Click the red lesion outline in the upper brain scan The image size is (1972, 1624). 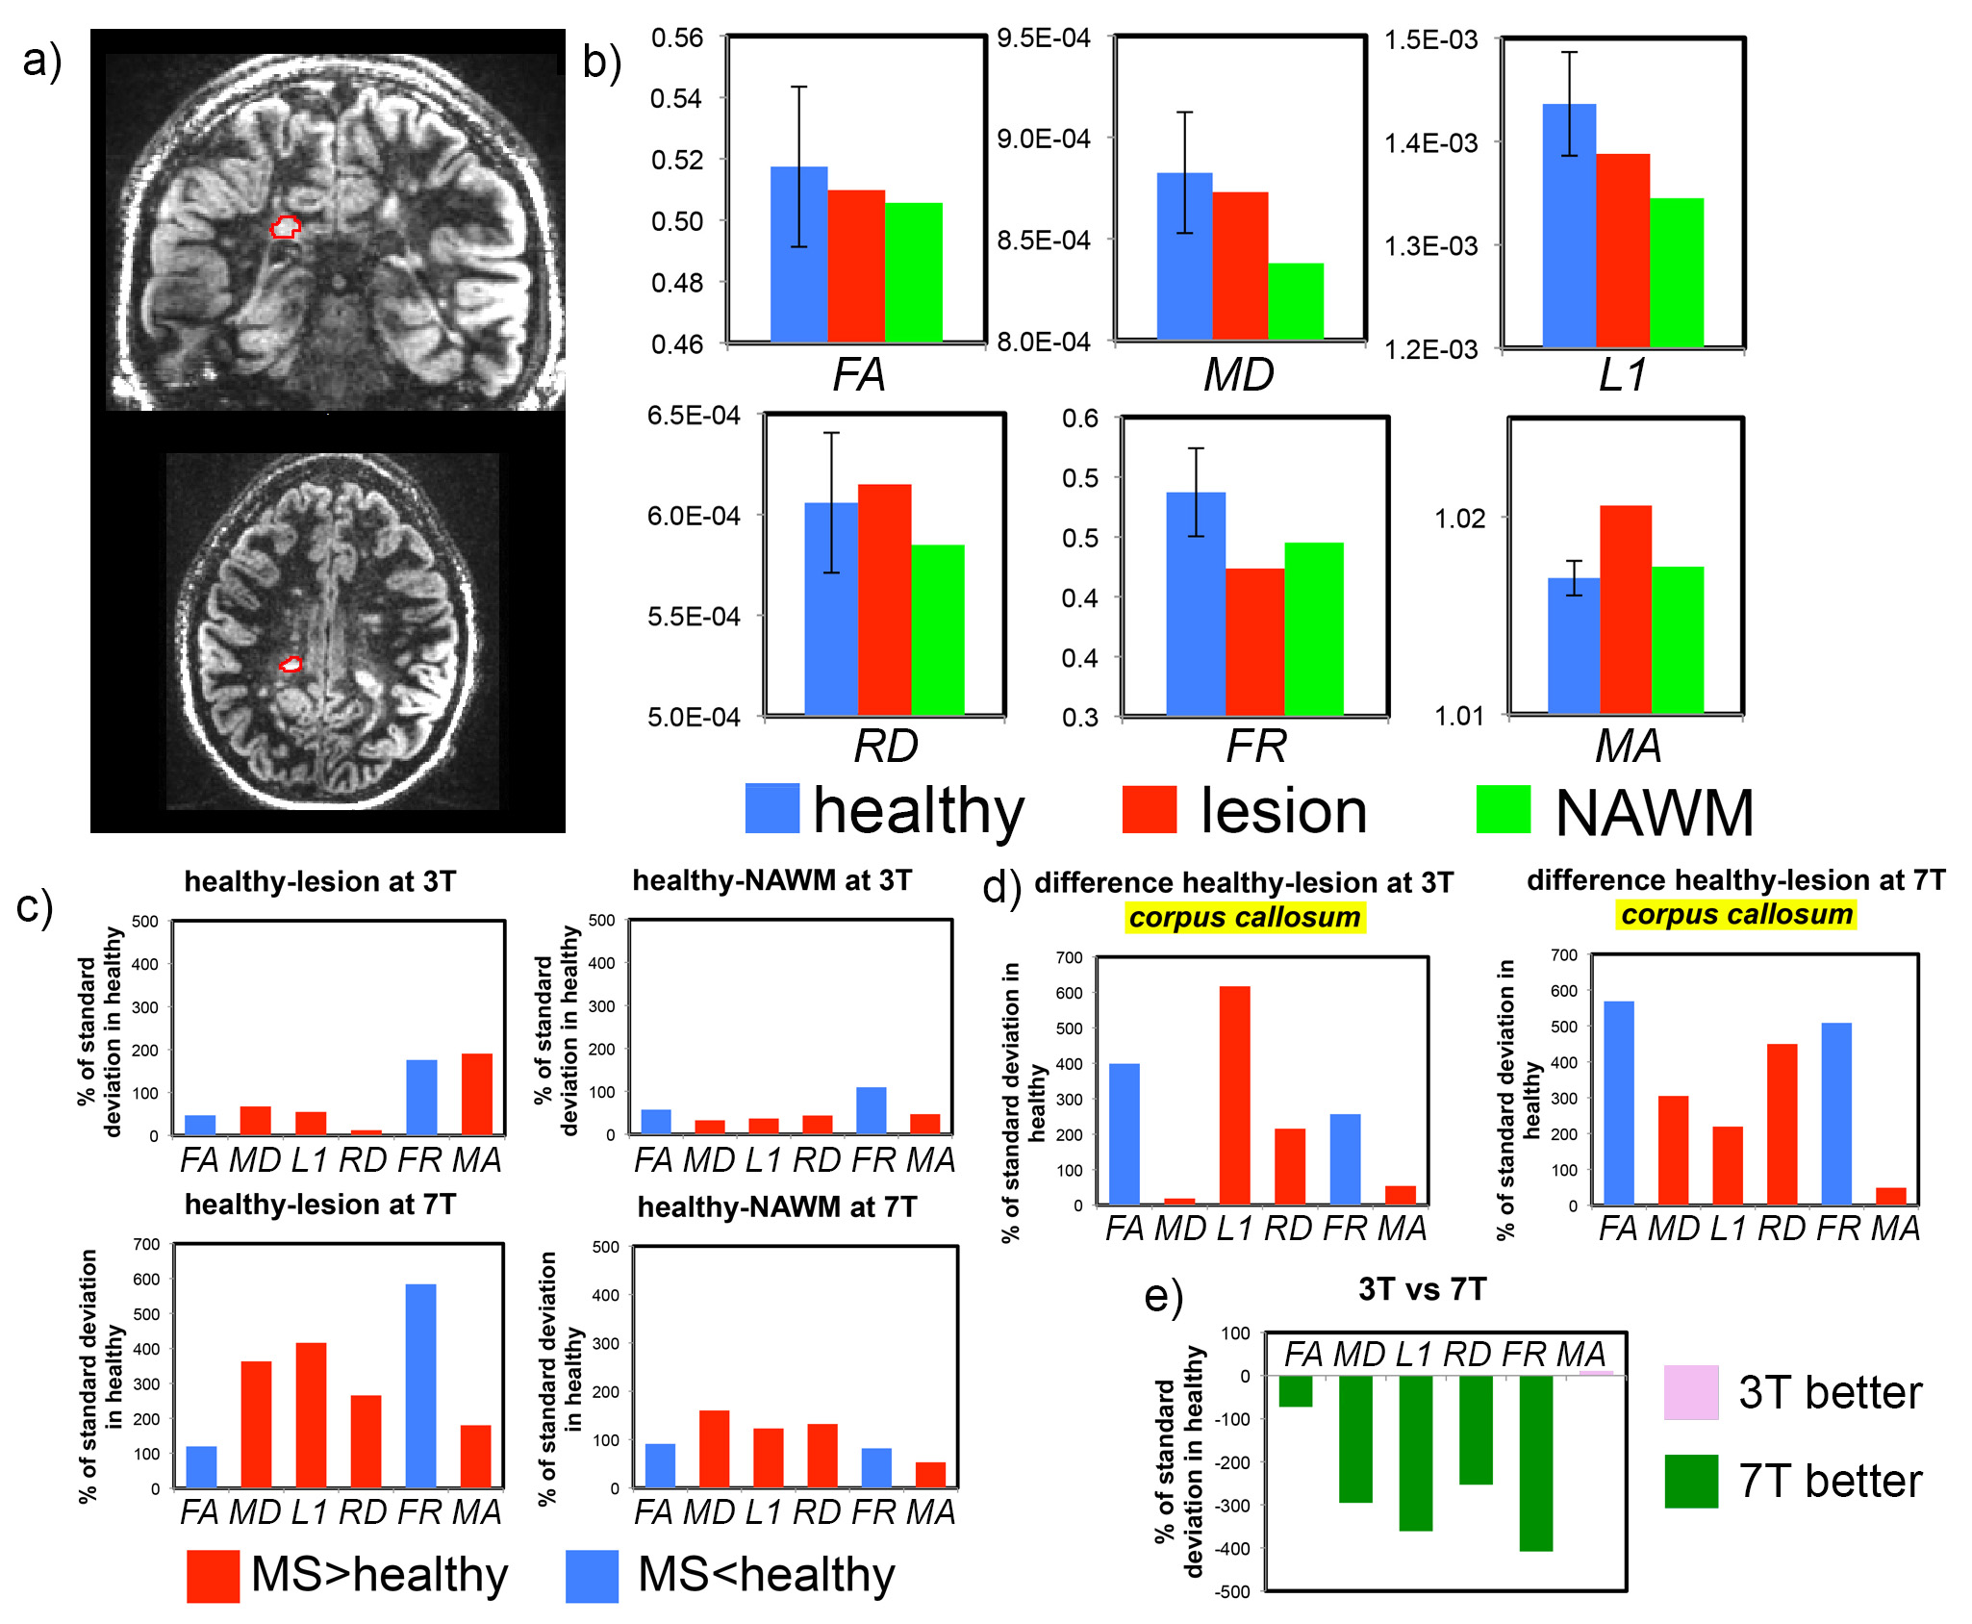click(x=285, y=227)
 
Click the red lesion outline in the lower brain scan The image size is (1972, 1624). click(x=291, y=664)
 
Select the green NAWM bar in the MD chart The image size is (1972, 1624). click(x=1296, y=301)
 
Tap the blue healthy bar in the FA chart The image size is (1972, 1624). click(x=798, y=255)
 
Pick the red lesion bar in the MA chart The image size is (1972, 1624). click(x=1626, y=609)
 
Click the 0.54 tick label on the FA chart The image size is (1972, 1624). click(x=676, y=99)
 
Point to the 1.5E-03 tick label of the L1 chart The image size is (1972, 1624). click(x=1430, y=40)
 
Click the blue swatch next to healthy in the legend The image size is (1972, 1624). click(x=771, y=808)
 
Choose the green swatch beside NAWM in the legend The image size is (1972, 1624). click(x=1503, y=809)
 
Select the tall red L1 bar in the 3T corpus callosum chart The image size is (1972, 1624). click(x=1234, y=1095)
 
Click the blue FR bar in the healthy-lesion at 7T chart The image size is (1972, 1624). click(x=420, y=1385)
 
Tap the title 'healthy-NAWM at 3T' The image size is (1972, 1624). click(x=771, y=880)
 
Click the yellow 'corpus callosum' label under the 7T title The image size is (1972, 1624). click(x=1736, y=914)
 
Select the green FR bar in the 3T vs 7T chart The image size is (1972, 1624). click(x=1536, y=1462)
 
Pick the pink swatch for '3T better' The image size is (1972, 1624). click(x=1691, y=1392)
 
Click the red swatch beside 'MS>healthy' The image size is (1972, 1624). click(x=213, y=1576)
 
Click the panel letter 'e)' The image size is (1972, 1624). click(x=1163, y=1297)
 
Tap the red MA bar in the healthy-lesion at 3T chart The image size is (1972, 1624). click(x=476, y=1094)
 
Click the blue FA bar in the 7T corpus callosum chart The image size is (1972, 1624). click(x=1619, y=1103)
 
